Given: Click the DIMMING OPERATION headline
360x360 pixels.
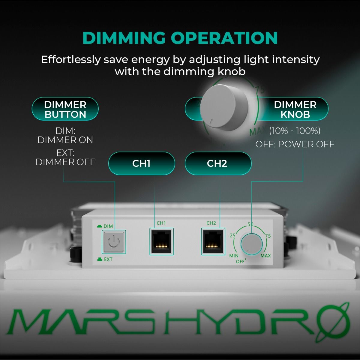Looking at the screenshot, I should (x=180, y=38).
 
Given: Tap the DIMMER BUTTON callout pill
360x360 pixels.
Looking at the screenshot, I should (x=65, y=109).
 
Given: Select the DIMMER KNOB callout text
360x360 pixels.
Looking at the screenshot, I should (x=295, y=109).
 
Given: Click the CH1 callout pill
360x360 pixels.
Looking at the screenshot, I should (x=141, y=163).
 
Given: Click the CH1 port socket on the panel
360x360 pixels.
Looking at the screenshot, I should (x=162, y=241).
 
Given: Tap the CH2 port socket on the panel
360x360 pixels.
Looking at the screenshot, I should (x=213, y=241).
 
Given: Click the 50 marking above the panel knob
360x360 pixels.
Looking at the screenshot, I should (x=250, y=224).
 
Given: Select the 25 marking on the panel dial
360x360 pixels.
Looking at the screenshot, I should (x=232, y=235).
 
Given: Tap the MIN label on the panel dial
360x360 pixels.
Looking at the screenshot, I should (x=234, y=256).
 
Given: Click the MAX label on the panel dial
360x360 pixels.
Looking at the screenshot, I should (x=265, y=256).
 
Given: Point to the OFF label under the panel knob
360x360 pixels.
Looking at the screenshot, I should (x=240, y=262).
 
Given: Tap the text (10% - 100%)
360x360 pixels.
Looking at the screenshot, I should (x=295, y=131).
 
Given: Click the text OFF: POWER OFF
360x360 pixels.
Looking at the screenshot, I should (x=295, y=144).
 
